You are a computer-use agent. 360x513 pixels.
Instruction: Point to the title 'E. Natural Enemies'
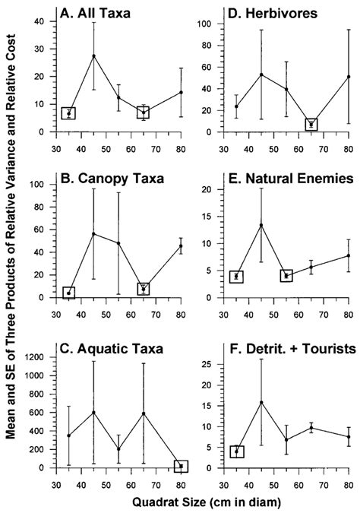pyautogui.click(x=285, y=182)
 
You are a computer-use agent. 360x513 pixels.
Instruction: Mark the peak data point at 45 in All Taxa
pyautogui.click(x=93, y=55)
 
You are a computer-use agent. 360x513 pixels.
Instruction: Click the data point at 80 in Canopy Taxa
pyautogui.click(x=181, y=245)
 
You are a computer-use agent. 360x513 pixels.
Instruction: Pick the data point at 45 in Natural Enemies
pyautogui.click(x=261, y=225)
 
